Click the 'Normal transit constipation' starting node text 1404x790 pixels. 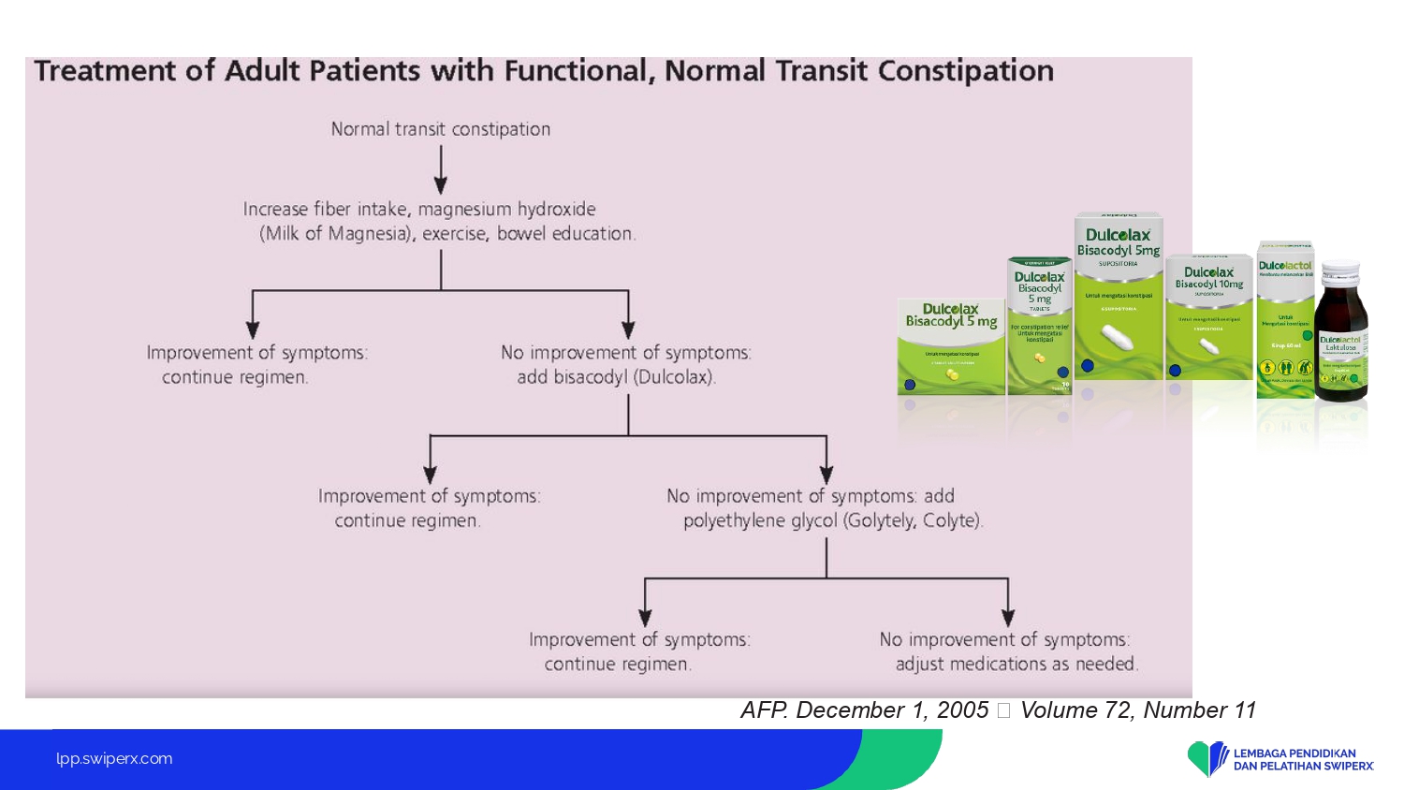440,129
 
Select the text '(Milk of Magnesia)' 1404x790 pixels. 337,234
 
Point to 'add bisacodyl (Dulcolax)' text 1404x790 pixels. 616,377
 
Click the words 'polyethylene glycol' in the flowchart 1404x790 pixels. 760,520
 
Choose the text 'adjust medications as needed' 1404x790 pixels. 1016,664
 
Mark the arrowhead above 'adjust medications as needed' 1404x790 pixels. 1008,617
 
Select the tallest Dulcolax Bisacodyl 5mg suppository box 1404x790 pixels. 1118,295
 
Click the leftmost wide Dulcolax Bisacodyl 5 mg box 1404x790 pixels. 950,346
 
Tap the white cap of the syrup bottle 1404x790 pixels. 1341,270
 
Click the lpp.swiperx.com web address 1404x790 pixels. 114,758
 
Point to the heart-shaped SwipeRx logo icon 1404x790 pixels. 1207,758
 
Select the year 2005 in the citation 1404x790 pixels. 962,710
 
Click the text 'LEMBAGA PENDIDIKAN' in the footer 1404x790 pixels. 1294,753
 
